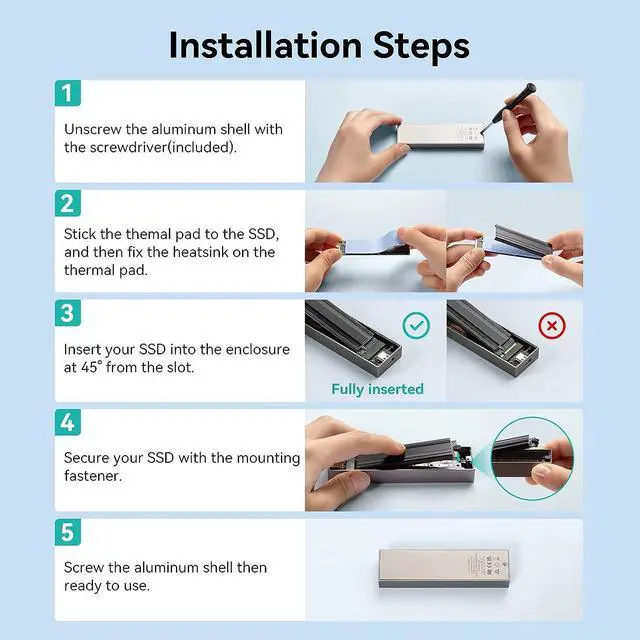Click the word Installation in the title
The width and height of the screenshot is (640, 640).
point(265,45)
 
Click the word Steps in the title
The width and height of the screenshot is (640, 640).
point(421,47)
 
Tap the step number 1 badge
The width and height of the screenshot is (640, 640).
point(68,93)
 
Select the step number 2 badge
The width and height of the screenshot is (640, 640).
point(68,203)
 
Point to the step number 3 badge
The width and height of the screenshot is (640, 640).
point(68,313)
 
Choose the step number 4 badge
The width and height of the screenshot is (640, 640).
point(68,422)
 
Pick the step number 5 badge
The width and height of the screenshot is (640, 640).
point(68,532)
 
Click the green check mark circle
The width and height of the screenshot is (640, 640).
point(416,325)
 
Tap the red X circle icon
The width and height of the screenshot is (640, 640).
point(552,325)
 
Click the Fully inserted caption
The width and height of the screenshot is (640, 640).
point(378,389)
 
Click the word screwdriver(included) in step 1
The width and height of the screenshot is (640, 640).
point(163,147)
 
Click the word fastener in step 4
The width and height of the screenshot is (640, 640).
point(93,476)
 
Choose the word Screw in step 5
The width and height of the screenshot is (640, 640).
point(84,567)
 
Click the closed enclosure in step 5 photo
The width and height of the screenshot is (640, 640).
point(444,569)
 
